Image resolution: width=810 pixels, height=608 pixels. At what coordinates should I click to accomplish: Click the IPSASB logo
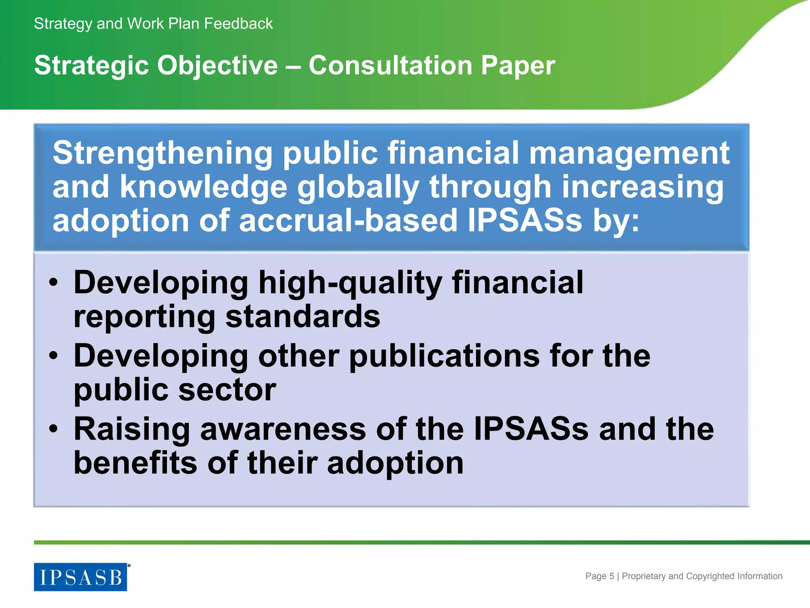tap(80, 577)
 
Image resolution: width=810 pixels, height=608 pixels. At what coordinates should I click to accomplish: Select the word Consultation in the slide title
tap(390, 65)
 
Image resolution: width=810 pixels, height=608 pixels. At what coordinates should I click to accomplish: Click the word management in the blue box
tap(629, 154)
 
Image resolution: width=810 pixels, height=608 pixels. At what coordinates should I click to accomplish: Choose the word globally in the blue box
tap(358, 187)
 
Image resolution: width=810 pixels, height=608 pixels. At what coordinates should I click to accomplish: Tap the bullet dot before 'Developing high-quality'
tap(53, 283)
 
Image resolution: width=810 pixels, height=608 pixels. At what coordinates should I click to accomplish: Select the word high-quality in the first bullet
tap(350, 283)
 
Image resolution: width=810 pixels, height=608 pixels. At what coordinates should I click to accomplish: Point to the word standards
tap(303, 317)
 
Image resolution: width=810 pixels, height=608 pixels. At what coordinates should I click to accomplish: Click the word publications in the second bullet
tap(445, 356)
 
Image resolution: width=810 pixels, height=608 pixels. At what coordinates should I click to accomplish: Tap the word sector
tap(227, 390)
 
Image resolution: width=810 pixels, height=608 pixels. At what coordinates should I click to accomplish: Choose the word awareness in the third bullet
tap(283, 429)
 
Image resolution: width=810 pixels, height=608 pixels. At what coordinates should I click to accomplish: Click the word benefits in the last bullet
tap(135, 463)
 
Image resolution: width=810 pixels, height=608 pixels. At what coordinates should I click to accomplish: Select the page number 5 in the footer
tap(611, 576)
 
